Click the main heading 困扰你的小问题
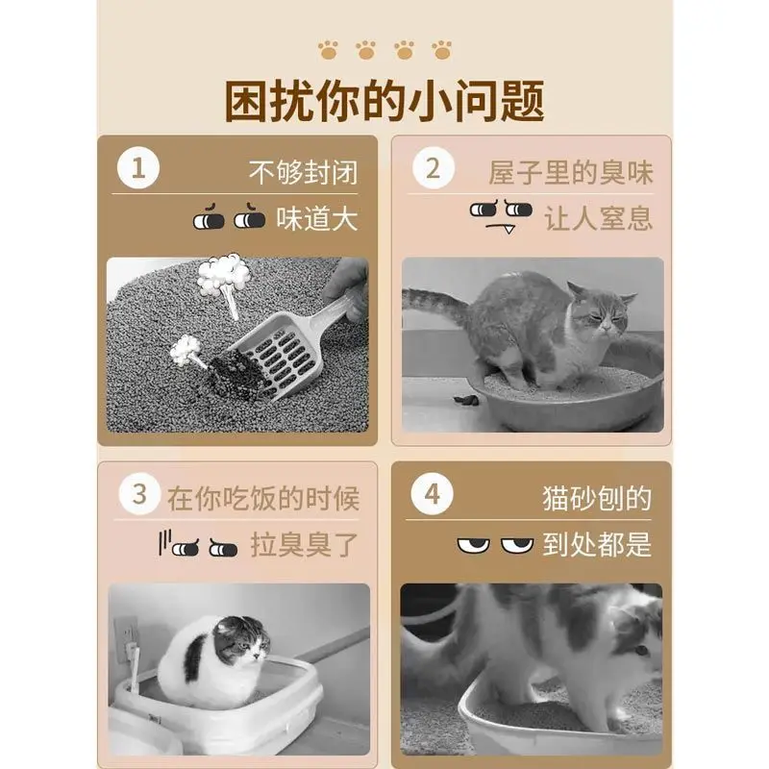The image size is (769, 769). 384,100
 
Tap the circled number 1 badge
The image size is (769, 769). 138,170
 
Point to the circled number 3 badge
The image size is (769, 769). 139,495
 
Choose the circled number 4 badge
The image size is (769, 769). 433,495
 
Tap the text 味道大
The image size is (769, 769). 316,218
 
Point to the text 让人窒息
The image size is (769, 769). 598,218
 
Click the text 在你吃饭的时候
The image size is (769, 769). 262,498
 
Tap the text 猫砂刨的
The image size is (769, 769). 596,498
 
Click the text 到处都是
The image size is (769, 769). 597,545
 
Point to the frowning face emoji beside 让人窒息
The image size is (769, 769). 500,213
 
